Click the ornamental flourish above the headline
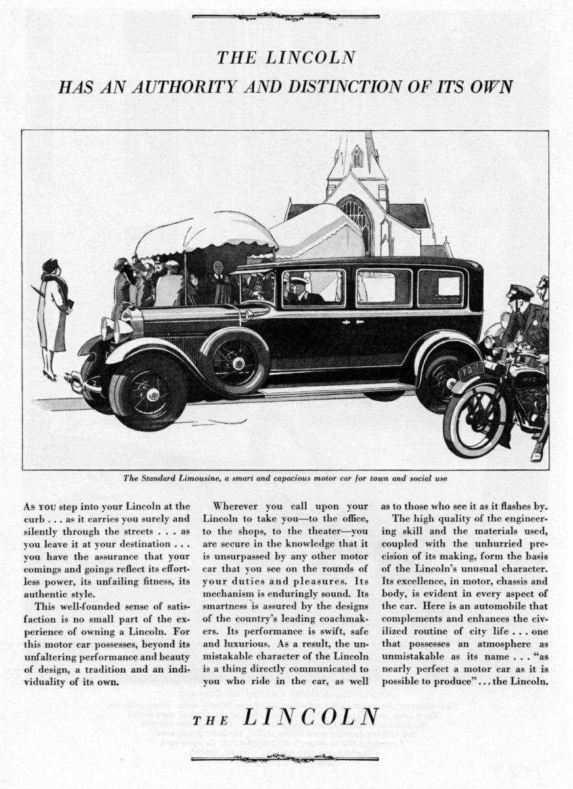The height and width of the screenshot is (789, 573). coord(285,16)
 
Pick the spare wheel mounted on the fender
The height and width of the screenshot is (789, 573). coord(235,361)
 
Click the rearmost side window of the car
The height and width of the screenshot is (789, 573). coord(440,287)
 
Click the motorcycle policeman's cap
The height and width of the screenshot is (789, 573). coord(519,291)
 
